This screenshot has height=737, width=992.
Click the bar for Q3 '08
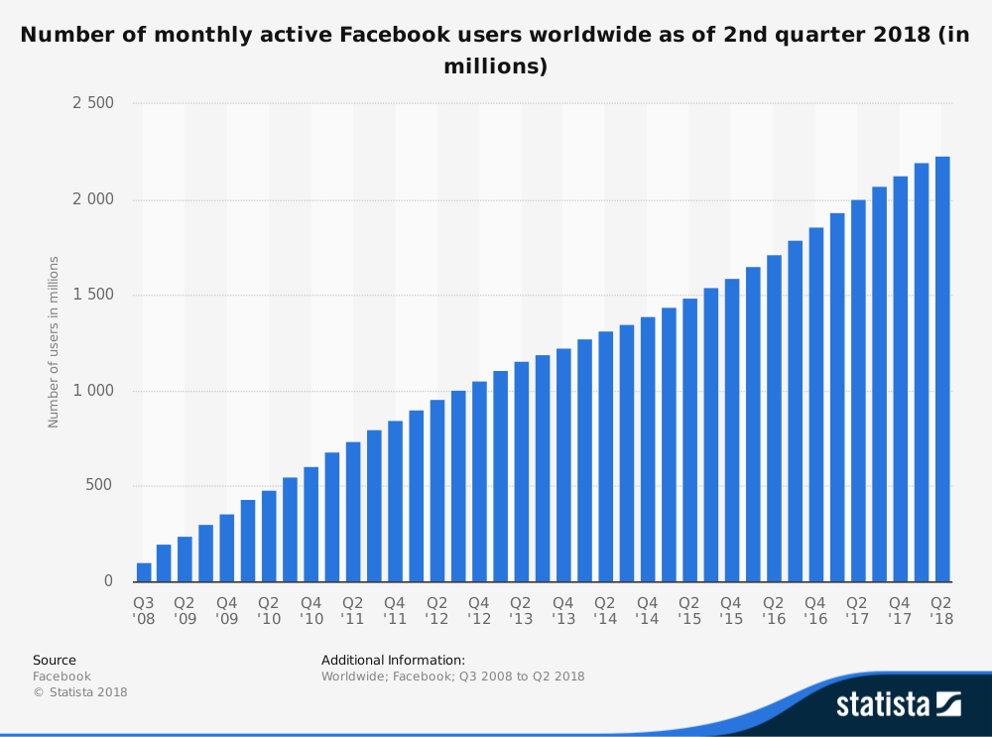144,572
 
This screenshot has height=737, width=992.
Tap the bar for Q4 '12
479,481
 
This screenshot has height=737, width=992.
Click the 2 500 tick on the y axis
93,103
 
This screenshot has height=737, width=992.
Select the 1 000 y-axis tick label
93,391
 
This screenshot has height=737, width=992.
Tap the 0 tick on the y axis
109,581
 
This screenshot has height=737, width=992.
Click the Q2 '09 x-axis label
185,610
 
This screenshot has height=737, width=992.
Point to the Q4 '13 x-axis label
563,610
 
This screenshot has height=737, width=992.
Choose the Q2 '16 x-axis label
774,610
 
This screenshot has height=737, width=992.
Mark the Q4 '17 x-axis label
900,610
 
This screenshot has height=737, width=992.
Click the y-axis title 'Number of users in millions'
54,342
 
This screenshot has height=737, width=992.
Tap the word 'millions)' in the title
495,66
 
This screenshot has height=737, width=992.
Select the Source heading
55,660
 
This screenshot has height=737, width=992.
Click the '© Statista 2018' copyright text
80,692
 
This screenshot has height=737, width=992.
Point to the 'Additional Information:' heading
393,660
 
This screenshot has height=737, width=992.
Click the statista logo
898,704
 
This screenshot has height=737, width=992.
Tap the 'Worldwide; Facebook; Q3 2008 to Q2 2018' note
452,676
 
